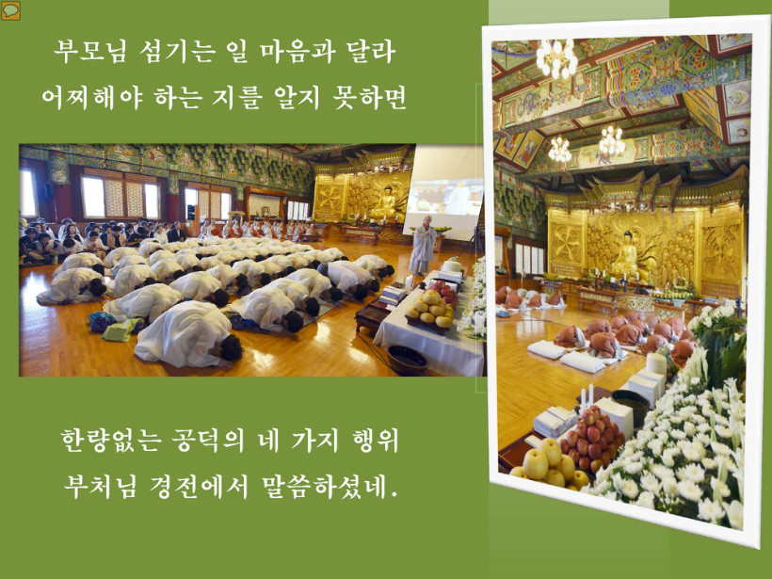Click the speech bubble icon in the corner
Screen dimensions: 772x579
tap(10, 11)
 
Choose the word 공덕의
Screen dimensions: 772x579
tap(208, 440)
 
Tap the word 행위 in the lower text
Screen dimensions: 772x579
tap(376, 440)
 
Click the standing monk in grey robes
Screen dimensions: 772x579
tap(423, 245)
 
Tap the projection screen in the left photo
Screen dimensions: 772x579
tap(443, 192)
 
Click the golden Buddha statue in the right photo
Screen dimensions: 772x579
tap(627, 255)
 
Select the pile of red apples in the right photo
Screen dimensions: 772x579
tap(593, 438)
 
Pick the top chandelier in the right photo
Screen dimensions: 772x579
tap(556, 58)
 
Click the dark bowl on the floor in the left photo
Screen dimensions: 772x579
tap(407, 360)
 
